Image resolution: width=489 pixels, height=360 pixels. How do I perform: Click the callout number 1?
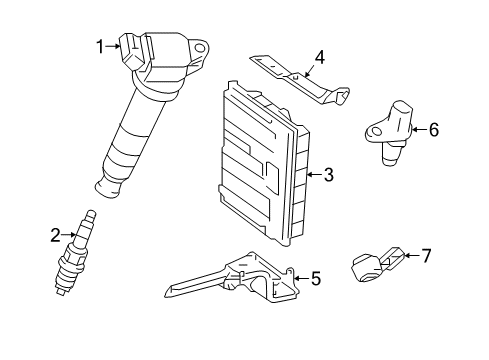[x=100, y=44]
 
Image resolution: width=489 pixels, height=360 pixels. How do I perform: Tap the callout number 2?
[x=56, y=236]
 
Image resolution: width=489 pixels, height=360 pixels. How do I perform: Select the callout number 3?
[x=328, y=176]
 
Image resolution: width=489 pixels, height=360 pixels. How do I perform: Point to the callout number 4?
[x=319, y=57]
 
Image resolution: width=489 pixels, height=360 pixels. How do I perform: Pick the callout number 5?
[x=315, y=279]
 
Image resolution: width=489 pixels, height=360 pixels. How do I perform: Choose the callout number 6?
[x=434, y=129]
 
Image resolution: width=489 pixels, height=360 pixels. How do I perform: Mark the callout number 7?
[x=426, y=256]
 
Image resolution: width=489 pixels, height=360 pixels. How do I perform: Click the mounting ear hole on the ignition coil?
[x=200, y=46]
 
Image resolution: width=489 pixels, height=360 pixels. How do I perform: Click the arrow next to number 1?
[x=114, y=44]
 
